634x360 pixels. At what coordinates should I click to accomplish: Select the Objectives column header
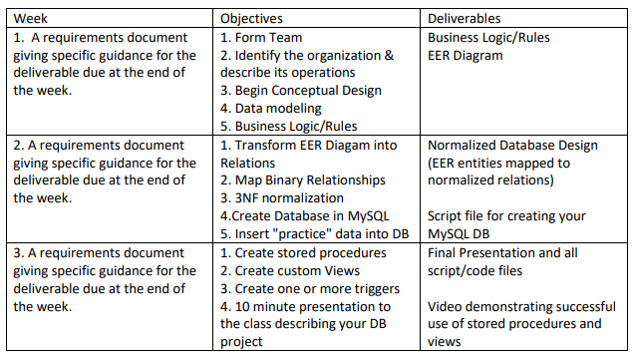(251, 18)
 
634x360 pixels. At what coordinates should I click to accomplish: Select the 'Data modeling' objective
(271, 108)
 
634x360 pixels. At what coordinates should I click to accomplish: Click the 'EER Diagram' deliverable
(465, 56)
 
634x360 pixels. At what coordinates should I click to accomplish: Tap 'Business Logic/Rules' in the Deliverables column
(488, 38)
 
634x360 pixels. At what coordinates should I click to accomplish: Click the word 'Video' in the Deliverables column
(446, 307)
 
